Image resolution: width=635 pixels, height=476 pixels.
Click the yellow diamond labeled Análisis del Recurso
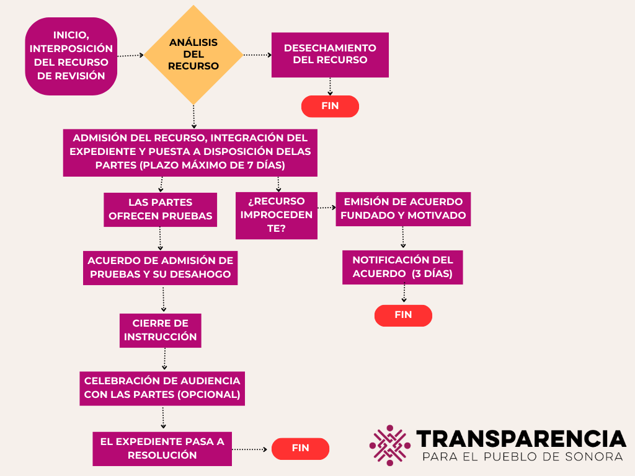[193, 55]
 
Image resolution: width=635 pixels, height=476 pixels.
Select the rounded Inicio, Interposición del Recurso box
[71, 56]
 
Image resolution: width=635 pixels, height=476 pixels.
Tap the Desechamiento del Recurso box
[330, 55]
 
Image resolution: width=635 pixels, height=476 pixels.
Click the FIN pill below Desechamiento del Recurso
[330, 106]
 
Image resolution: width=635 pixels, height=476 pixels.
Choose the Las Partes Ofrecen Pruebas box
[161, 209]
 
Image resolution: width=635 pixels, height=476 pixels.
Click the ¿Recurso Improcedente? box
[277, 216]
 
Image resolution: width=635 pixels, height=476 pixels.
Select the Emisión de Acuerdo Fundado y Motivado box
[403, 209]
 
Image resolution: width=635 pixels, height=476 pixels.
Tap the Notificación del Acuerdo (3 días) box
[402, 267]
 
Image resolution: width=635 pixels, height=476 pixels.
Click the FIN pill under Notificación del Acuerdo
[403, 315]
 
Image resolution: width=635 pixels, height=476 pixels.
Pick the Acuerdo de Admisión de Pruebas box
[161, 267]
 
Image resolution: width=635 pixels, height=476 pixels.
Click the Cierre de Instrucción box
[161, 330]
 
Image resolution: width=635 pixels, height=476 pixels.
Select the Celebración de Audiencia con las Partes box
[162, 388]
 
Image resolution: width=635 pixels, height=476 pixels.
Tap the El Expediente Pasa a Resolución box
[162, 449]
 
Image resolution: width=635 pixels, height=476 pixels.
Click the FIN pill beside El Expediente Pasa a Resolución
[300, 448]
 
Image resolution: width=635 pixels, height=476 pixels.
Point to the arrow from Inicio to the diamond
[130, 55]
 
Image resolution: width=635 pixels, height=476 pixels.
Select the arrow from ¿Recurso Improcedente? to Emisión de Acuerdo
[326, 208]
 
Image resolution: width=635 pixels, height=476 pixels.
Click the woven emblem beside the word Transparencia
[390, 445]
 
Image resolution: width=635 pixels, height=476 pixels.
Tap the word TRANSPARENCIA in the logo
[521, 439]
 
